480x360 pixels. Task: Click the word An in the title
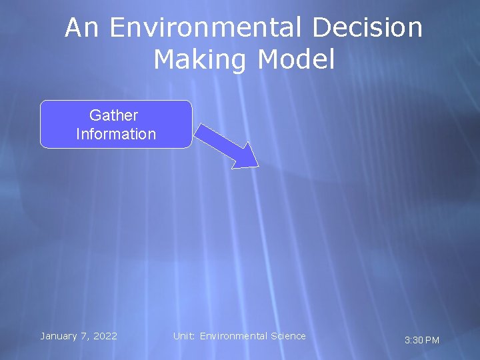[x=83, y=28]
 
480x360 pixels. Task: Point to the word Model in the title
[x=295, y=60]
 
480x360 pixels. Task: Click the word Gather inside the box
[x=113, y=115]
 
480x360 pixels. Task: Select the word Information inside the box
[x=116, y=134]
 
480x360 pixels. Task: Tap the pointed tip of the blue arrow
[x=256, y=166]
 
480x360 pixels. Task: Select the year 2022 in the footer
[x=105, y=336]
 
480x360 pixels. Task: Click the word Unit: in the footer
[x=184, y=336]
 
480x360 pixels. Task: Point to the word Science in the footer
[x=287, y=336]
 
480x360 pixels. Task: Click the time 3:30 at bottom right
[x=413, y=341]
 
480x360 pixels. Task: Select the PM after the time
[x=432, y=341]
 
